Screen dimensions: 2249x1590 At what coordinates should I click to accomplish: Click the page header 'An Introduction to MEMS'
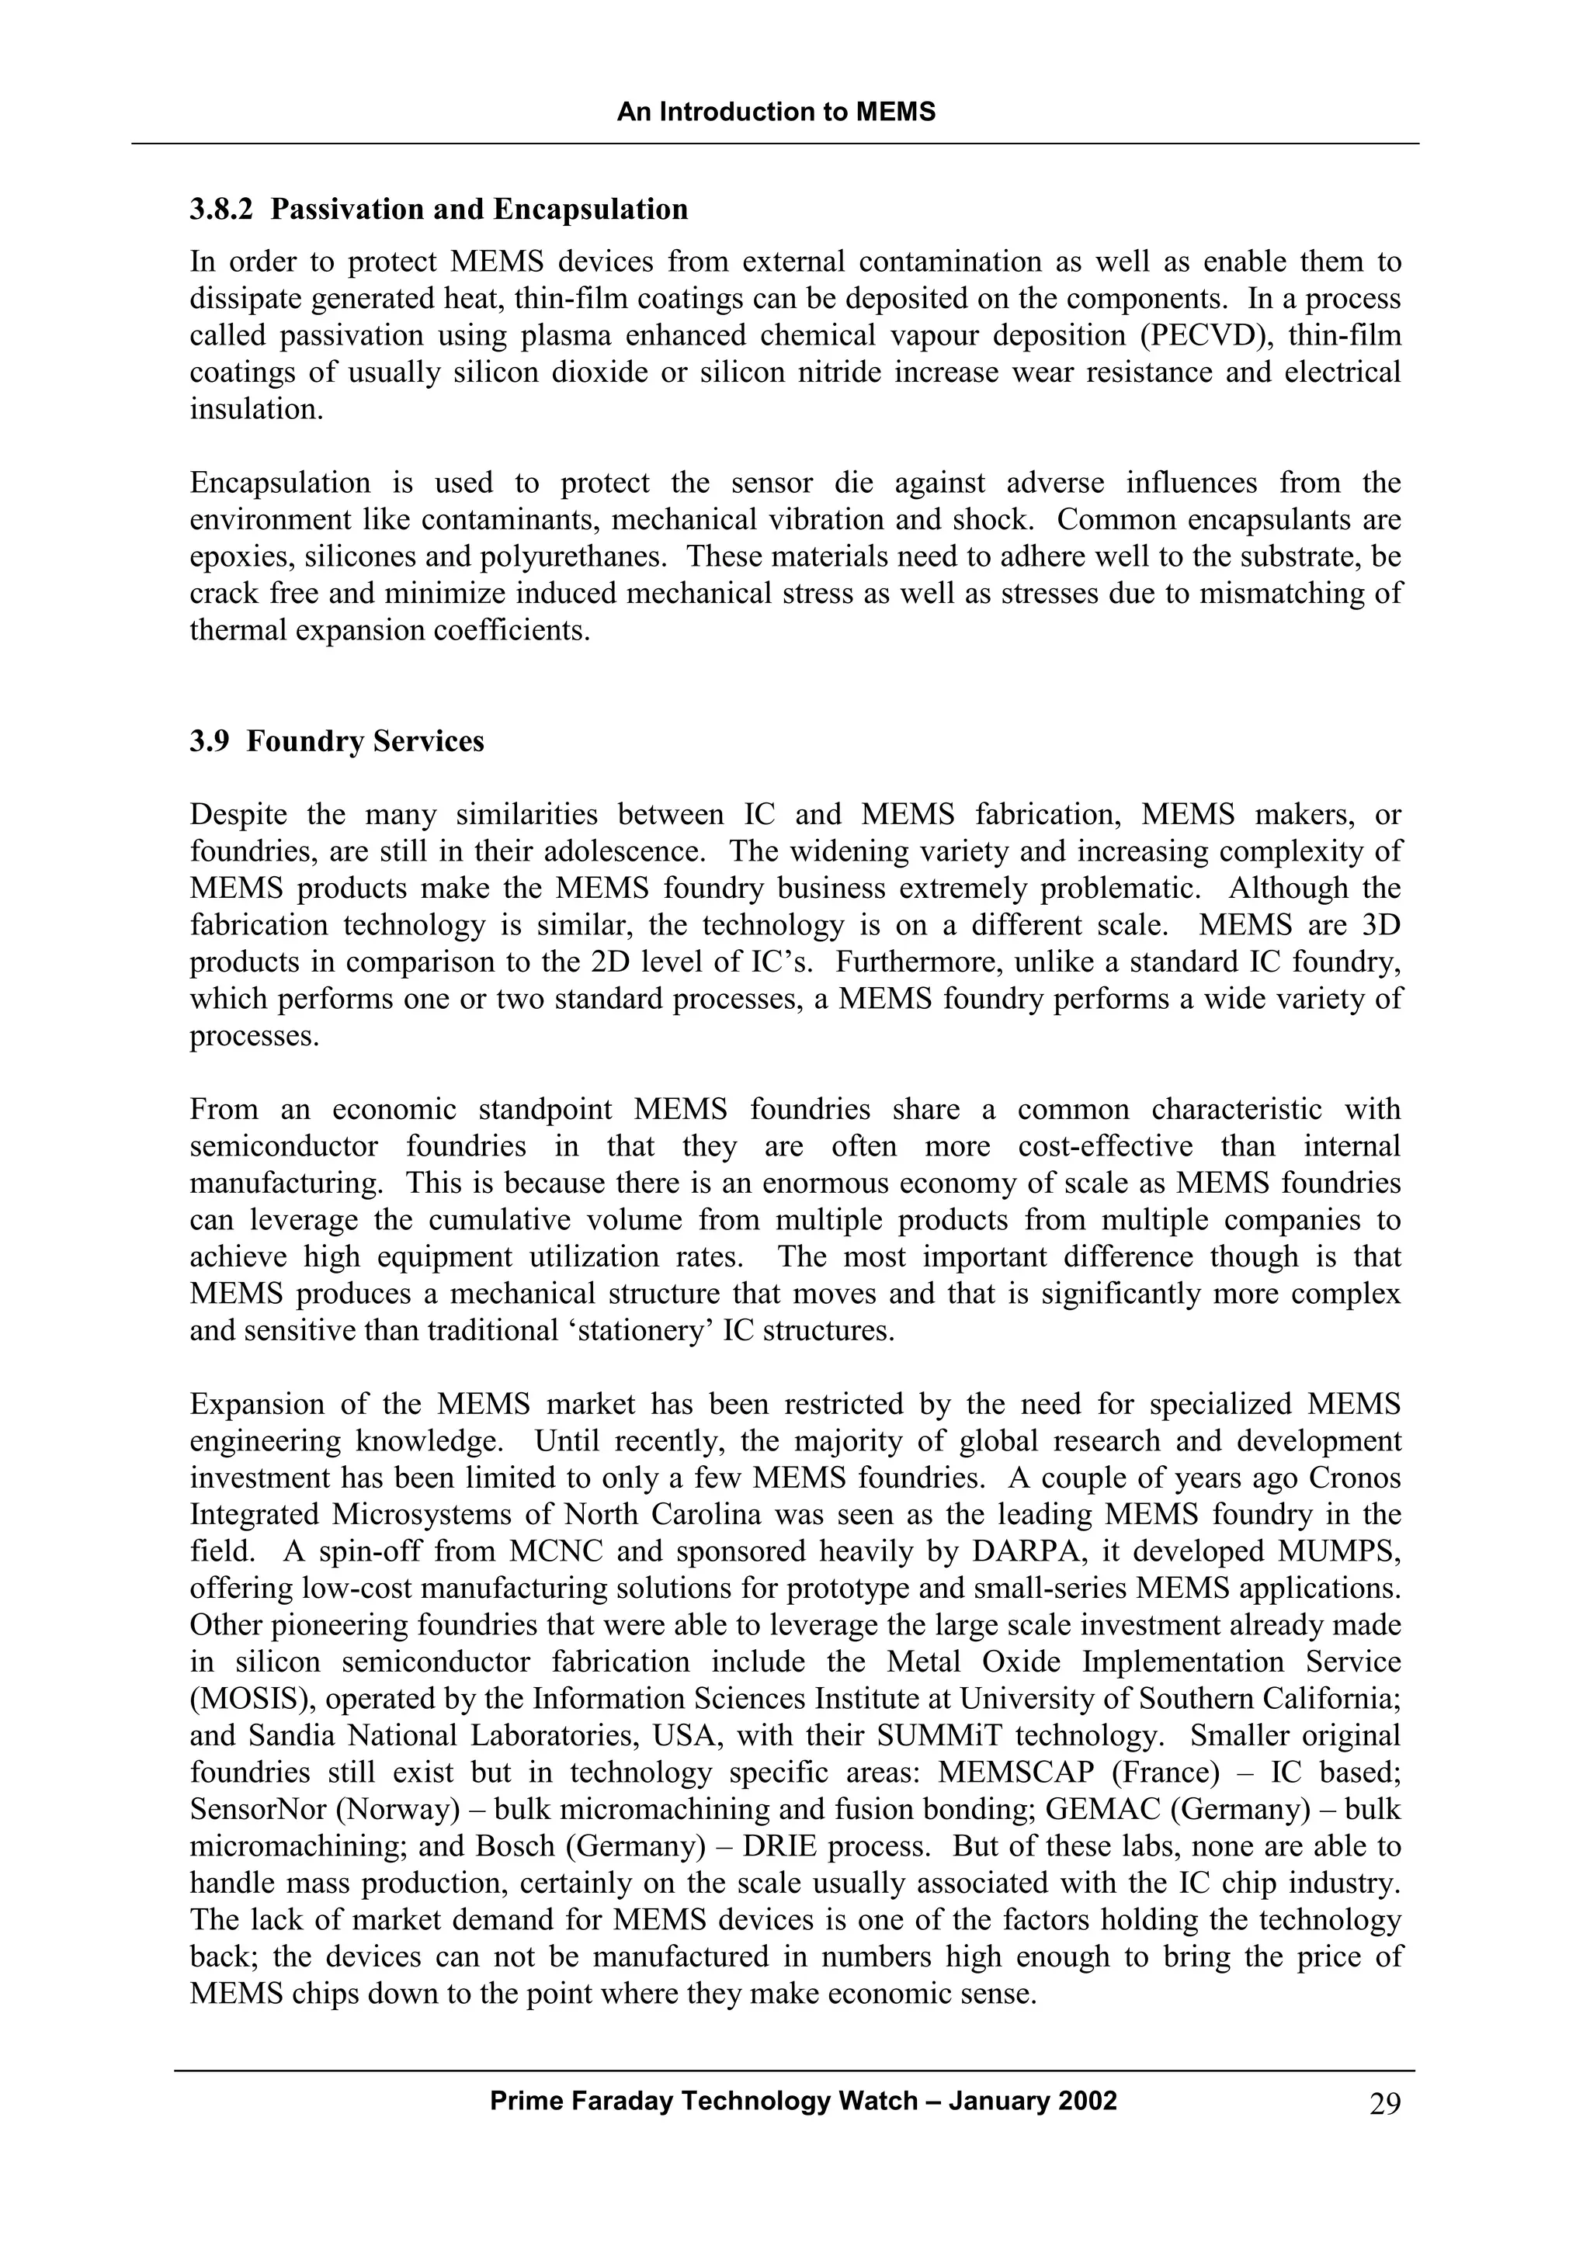click(x=776, y=112)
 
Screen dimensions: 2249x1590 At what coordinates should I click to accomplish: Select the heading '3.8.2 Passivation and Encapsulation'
click(x=439, y=210)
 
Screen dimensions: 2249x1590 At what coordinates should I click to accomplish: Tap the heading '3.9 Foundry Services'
click(x=337, y=741)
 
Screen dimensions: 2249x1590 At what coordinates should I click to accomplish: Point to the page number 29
click(x=1384, y=2104)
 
